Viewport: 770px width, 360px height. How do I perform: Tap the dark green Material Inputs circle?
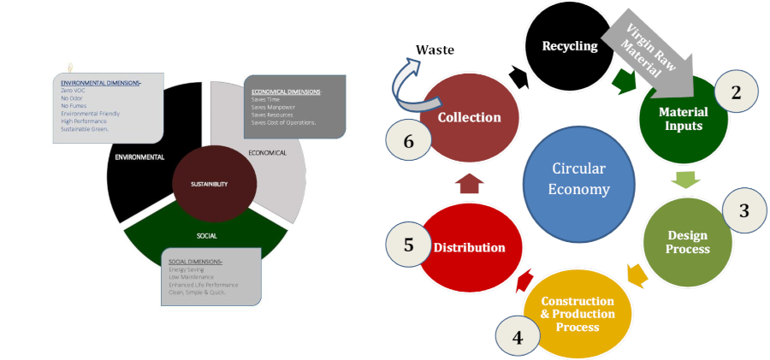pyautogui.click(x=682, y=120)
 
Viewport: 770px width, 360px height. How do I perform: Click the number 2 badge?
pyautogui.click(x=735, y=92)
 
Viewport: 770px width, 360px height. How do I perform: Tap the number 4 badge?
pyautogui.click(x=518, y=336)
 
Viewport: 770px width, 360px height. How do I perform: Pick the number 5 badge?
pyautogui.click(x=408, y=245)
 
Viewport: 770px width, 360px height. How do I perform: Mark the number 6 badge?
pyautogui.click(x=408, y=141)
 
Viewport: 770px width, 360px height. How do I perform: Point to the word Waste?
pyautogui.click(x=434, y=50)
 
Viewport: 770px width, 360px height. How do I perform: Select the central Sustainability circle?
pyautogui.click(x=210, y=184)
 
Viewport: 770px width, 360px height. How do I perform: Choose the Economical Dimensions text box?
pyautogui.click(x=294, y=105)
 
